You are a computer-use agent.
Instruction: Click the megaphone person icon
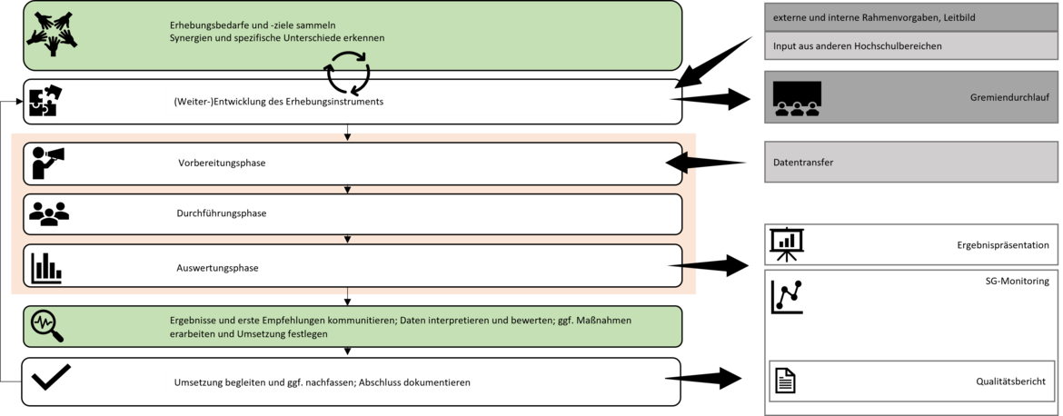point(48,163)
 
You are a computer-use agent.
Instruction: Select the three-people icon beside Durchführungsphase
point(49,213)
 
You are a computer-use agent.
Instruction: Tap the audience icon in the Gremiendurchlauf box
point(797,99)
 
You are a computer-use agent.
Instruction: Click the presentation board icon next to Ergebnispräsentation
point(787,243)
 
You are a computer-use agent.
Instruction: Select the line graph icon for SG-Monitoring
point(787,296)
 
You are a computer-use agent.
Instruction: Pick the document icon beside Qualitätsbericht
point(785,381)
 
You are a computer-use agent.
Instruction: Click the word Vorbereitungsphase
point(222,163)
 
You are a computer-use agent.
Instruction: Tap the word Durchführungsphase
point(222,213)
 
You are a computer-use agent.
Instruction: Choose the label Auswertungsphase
point(217,268)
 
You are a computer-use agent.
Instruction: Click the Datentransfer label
point(802,163)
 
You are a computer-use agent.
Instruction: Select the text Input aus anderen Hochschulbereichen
point(857,45)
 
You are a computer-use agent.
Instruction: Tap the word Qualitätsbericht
point(1011,382)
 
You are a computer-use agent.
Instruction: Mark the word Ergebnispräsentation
point(1003,245)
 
